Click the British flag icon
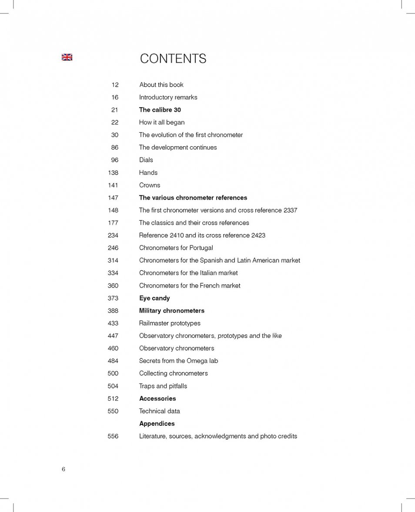point(67,57)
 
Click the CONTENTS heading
point(173,59)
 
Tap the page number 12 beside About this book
point(115,85)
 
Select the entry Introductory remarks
point(168,98)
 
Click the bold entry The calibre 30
point(160,110)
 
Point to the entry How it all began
point(161,123)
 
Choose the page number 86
point(114,148)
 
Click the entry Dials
point(146,160)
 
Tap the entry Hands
point(148,173)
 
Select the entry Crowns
point(149,185)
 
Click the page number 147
point(113,198)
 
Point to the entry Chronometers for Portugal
point(176,248)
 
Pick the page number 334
point(113,273)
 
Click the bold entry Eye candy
point(154,298)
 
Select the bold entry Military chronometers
point(171,311)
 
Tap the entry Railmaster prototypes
point(170,323)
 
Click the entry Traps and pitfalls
point(163,386)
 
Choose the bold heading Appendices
point(157,424)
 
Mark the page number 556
point(113,436)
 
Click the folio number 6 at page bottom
point(64,469)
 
